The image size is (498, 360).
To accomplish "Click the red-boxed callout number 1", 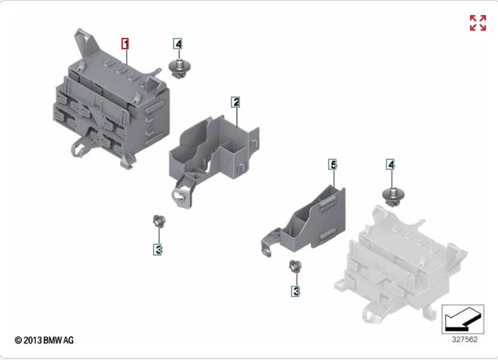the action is [x=125, y=44].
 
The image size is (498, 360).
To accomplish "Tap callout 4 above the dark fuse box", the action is [x=177, y=44].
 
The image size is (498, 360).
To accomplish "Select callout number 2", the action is [x=235, y=102].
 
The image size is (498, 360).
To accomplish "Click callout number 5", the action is [x=332, y=164].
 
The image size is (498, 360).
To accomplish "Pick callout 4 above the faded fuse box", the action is [x=390, y=164].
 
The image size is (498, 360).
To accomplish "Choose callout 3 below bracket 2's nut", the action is [x=157, y=249].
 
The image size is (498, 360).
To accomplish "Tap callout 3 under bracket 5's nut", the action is [x=295, y=291].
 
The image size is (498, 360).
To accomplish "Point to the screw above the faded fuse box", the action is [x=393, y=197].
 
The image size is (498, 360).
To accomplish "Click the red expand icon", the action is [x=478, y=23].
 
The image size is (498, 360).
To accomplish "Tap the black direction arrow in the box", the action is [x=463, y=320].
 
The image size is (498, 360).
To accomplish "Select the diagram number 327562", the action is [x=464, y=339].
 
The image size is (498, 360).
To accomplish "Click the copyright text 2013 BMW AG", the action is [x=44, y=340].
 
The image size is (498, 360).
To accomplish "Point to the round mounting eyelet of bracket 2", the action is [x=179, y=194].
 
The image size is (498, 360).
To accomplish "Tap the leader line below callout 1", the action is [x=127, y=57].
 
